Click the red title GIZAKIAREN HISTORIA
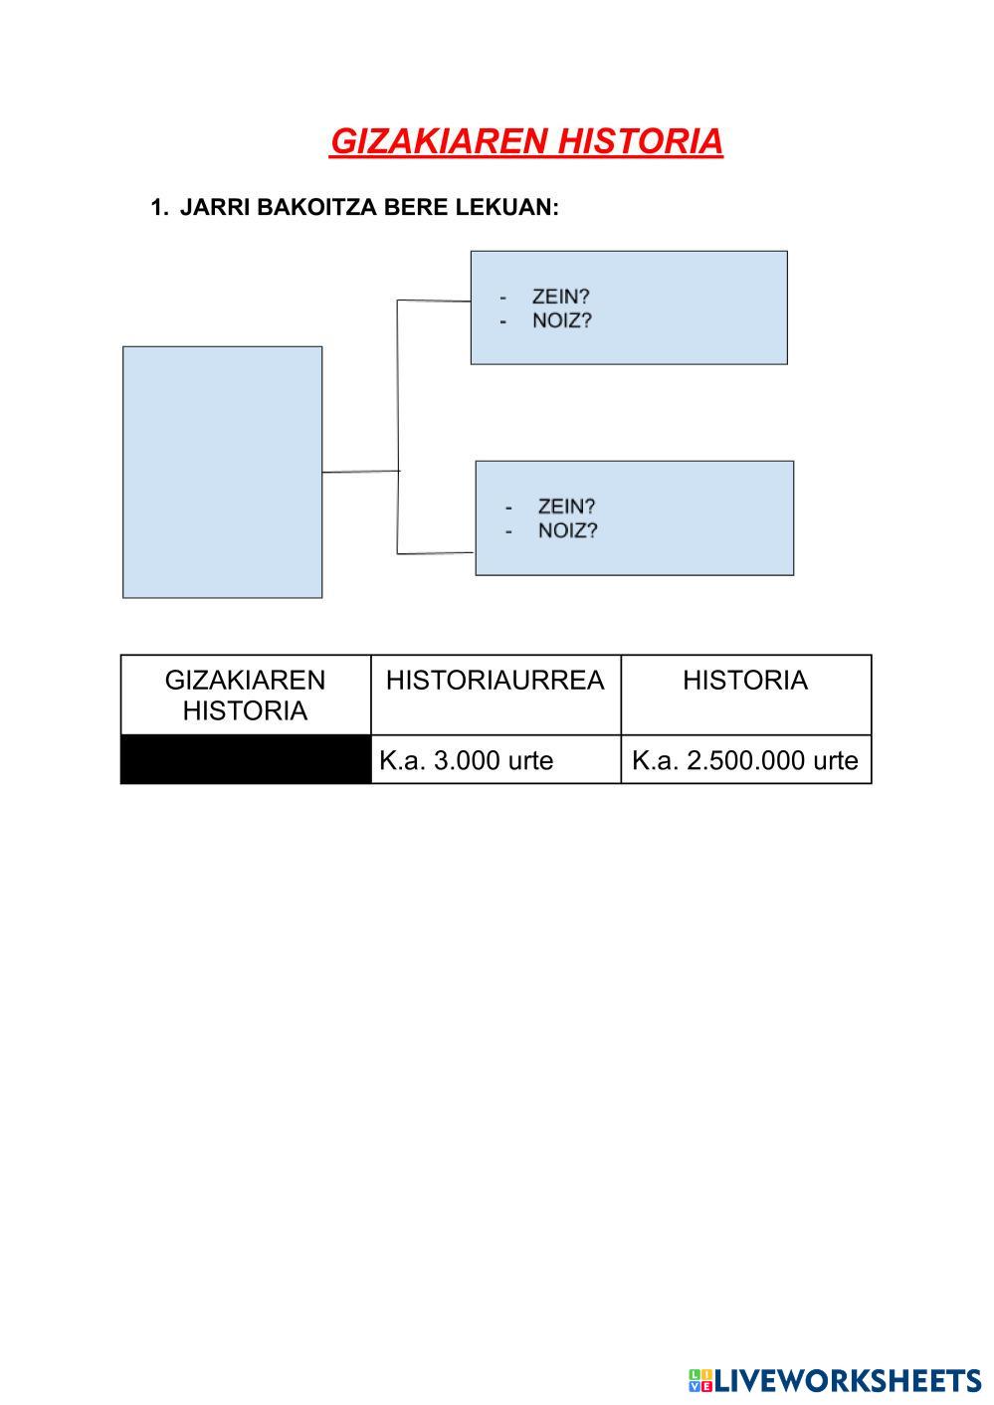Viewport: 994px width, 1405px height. click(x=525, y=141)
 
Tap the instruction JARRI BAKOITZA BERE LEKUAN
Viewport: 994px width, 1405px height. click(x=369, y=207)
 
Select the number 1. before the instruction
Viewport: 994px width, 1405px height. click(x=158, y=207)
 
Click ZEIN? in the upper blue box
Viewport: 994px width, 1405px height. click(x=561, y=297)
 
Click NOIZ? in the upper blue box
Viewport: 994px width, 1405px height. click(x=562, y=321)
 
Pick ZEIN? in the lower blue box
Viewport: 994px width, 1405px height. click(x=566, y=505)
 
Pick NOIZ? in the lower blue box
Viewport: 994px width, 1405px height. click(x=567, y=530)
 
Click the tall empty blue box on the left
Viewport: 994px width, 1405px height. click(x=222, y=472)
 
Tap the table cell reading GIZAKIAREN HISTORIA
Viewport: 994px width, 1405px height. click(x=245, y=695)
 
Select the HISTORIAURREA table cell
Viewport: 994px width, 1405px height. click(x=495, y=682)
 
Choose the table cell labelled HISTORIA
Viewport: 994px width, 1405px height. click(x=744, y=682)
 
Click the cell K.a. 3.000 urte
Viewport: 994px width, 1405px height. click(x=466, y=760)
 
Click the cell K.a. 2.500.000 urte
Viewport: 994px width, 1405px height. click(x=744, y=760)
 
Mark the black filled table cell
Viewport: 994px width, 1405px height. click(x=245, y=760)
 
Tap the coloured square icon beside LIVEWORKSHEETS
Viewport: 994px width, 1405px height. click(x=699, y=1380)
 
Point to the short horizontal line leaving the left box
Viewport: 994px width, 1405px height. click(x=360, y=472)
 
